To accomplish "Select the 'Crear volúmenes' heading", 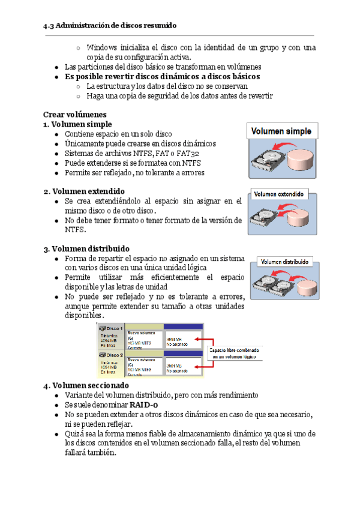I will [x=74, y=114].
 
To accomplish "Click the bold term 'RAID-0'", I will [x=145, y=405].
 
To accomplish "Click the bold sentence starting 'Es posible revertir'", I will [x=162, y=77].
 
